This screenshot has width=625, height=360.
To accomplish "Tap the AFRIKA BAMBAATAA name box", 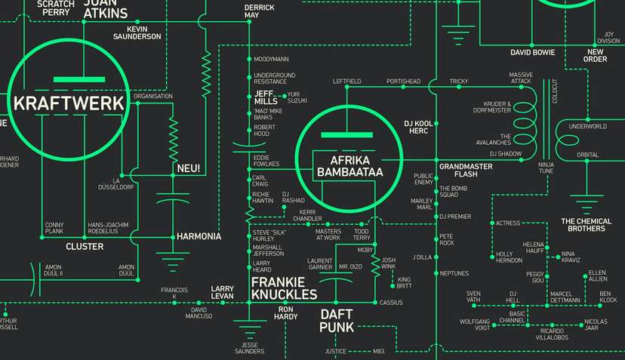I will (x=346, y=167).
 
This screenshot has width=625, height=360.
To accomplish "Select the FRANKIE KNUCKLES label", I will (x=284, y=288).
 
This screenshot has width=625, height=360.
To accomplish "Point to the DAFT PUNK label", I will (x=337, y=320).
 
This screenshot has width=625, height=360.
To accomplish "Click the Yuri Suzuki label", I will (x=297, y=97).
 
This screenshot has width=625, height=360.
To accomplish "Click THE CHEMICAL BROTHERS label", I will (x=582, y=225).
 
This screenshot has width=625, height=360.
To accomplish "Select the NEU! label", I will (x=188, y=168).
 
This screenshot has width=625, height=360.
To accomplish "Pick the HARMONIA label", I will (x=199, y=236).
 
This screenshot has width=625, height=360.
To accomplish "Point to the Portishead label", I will (x=402, y=81).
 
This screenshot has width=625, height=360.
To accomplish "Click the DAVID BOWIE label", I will (x=532, y=53).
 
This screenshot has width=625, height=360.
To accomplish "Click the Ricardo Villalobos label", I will (x=553, y=334).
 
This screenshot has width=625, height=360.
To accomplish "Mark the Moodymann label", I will (x=271, y=59).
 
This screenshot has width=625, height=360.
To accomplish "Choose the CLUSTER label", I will (x=85, y=246).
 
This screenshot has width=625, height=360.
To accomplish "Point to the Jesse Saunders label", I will (x=248, y=348).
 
